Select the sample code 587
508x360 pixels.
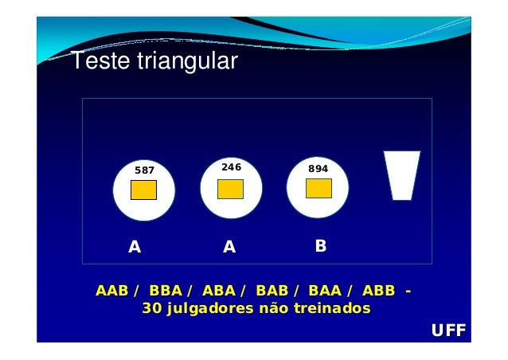[x=144, y=170]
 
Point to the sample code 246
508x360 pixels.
[x=231, y=167]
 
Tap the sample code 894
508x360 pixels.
[x=318, y=169]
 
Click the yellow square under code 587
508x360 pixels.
[x=143, y=190]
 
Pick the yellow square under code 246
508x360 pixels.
[x=230, y=189]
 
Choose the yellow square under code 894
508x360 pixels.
[x=318, y=188]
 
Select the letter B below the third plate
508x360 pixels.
[x=320, y=246]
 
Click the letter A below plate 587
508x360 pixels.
[x=135, y=247]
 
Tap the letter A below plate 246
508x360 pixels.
[x=229, y=247]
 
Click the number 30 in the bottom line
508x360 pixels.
[x=151, y=308]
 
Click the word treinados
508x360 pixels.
[x=334, y=308]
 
